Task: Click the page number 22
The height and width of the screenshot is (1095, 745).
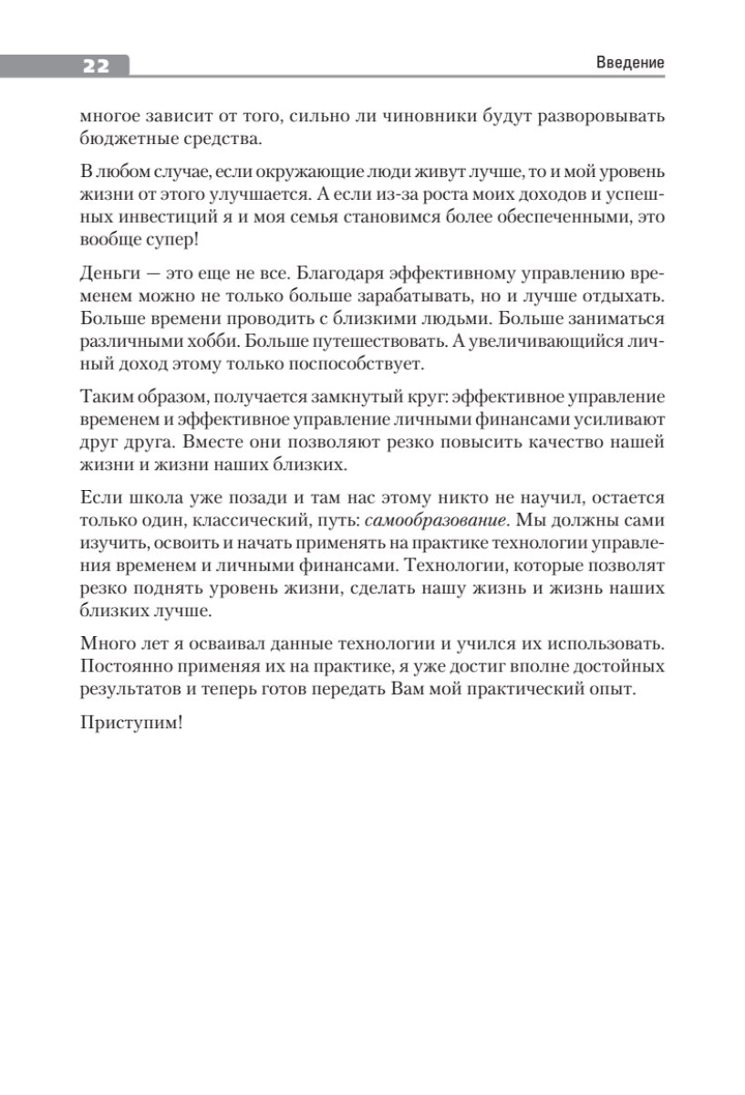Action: point(96,65)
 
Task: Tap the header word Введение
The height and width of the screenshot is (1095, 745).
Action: point(630,63)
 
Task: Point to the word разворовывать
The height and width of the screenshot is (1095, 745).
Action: point(595,118)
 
